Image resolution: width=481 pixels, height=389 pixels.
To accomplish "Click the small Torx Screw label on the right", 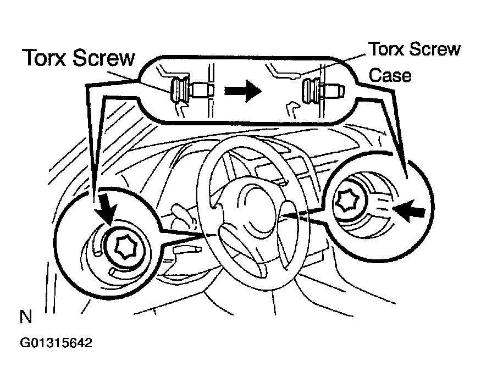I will (x=414, y=49).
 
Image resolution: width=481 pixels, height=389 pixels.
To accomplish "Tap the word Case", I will (x=390, y=75).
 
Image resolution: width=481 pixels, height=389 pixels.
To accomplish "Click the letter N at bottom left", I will (x=25, y=317).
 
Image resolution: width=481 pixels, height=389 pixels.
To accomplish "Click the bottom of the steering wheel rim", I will (x=258, y=280).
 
